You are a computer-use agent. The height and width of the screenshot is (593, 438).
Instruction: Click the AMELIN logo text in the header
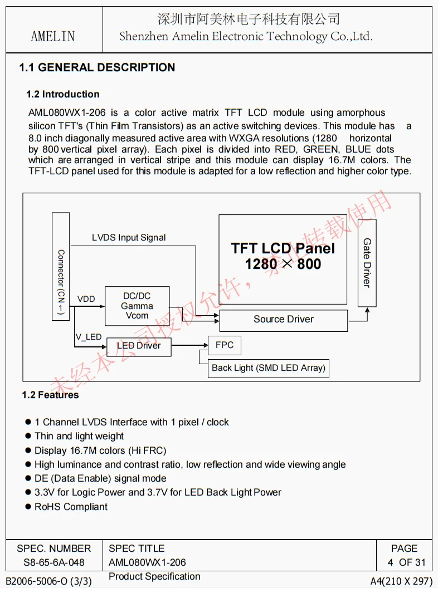(x=53, y=37)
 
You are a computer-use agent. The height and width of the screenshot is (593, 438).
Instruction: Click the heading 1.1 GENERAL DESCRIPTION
(x=97, y=68)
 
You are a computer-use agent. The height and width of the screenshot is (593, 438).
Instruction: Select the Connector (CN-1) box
(x=61, y=266)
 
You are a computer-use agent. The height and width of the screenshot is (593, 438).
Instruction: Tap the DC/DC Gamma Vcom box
(x=137, y=306)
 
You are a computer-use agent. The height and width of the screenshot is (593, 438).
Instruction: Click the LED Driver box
(x=139, y=346)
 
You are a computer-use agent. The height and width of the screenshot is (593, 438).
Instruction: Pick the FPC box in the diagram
(x=224, y=345)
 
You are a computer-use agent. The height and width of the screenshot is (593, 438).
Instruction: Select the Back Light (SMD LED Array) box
(x=268, y=368)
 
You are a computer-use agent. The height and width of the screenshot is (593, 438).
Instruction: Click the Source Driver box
(x=283, y=320)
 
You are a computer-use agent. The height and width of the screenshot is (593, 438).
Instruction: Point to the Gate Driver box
(x=367, y=263)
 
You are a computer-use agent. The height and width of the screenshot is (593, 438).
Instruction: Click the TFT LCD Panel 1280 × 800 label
(x=283, y=256)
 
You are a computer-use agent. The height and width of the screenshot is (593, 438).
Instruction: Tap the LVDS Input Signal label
(x=129, y=238)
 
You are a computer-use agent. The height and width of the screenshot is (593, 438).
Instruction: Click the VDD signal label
(x=86, y=299)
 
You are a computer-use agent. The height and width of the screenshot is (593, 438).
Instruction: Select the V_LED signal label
(x=89, y=337)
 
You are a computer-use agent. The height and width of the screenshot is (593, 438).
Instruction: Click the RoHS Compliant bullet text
(x=71, y=507)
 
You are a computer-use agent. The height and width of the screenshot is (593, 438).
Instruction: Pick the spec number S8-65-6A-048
(x=54, y=562)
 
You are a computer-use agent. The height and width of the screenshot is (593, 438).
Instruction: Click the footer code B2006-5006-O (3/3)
(x=48, y=581)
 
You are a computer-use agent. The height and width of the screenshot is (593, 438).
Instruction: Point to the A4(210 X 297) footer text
(x=401, y=581)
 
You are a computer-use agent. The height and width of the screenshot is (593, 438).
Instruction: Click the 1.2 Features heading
(x=50, y=395)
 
